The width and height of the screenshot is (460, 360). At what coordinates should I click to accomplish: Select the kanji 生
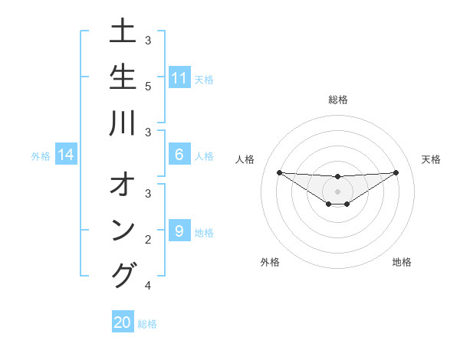pos(123,79)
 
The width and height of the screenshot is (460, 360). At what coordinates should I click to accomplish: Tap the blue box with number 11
pos(179,78)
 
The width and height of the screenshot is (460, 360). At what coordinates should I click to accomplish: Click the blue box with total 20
pos(123,322)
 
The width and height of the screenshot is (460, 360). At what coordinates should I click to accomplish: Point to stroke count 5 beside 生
pos(147,85)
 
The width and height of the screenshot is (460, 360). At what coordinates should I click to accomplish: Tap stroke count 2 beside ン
pos(147,239)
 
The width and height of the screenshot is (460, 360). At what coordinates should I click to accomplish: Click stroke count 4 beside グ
pos(147,286)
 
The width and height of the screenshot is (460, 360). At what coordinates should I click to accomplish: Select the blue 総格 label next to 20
pos(147,324)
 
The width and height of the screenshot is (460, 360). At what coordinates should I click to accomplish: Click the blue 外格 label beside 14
pos(41,156)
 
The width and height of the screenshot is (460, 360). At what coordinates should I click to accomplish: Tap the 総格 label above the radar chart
pos(338,100)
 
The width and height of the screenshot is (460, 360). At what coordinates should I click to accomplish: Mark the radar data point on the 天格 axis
pos(396,172)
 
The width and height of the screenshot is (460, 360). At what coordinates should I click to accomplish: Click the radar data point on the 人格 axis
pos(279,172)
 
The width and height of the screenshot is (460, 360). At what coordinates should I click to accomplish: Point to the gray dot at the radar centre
pos(337,191)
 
